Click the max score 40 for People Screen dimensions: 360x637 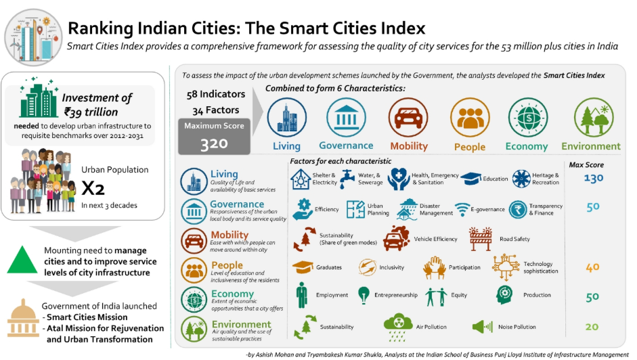[592, 267]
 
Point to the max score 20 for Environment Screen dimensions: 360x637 [592, 327]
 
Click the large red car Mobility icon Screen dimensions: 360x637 [408, 117]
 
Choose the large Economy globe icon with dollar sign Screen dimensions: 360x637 [527, 118]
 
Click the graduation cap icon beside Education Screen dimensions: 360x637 [471, 179]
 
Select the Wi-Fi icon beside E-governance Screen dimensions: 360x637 [462, 209]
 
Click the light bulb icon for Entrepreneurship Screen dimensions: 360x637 [364, 294]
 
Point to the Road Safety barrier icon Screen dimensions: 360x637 [480, 239]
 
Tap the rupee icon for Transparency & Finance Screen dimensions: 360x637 [519, 209]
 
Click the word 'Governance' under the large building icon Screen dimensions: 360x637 [346, 145]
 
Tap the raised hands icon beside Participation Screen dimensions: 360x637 [434, 267]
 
